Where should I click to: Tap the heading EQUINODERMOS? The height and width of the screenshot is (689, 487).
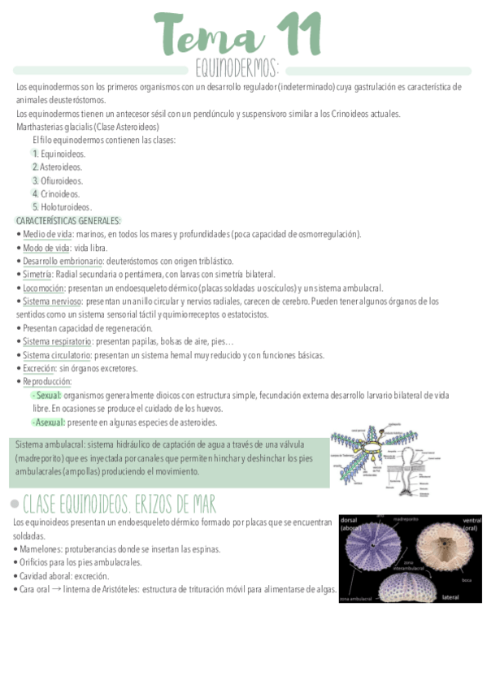pos(238,67)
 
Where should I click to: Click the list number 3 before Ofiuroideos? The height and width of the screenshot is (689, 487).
pos(35,180)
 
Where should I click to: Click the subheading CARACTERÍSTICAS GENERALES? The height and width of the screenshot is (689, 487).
pos(68,221)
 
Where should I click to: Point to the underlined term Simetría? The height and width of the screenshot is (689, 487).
pos(37,275)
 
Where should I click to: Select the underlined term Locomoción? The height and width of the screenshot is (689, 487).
pos(43,288)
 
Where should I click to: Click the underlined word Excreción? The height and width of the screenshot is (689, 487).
pos(40,368)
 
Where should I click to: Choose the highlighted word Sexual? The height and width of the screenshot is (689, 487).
pos(48,395)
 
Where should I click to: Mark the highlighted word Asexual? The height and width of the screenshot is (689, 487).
pos(50,422)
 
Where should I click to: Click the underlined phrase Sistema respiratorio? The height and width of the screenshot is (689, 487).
pos(57,341)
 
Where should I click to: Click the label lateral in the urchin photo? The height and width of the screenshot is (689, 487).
pos(451,596)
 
